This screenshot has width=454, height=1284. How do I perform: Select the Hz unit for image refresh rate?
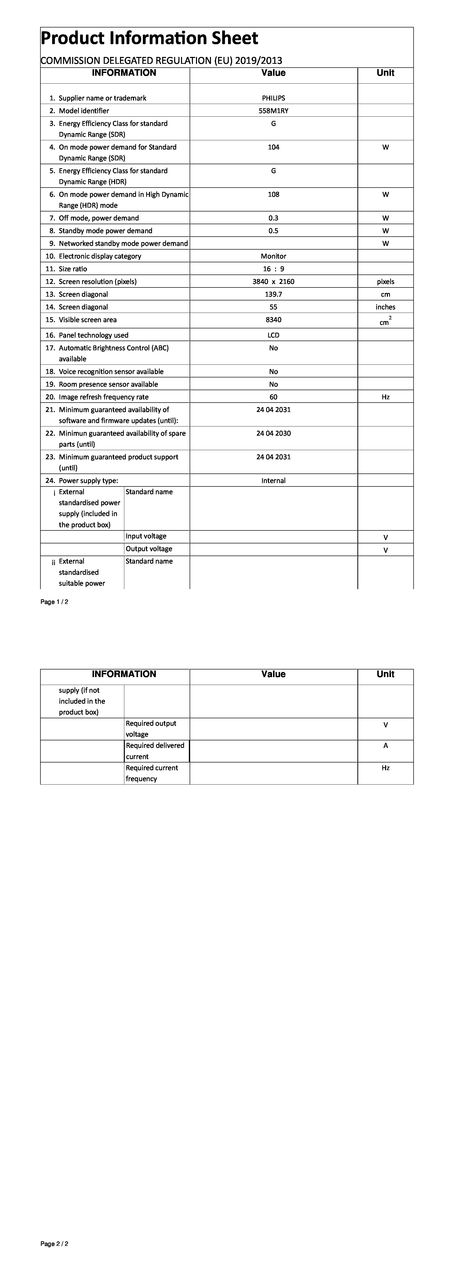pos(385,397)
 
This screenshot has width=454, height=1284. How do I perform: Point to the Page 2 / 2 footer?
pos(54,1244)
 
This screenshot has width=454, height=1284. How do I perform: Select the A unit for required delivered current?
pos(385,746)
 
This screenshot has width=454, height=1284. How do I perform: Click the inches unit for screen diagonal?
pos(385,307)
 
